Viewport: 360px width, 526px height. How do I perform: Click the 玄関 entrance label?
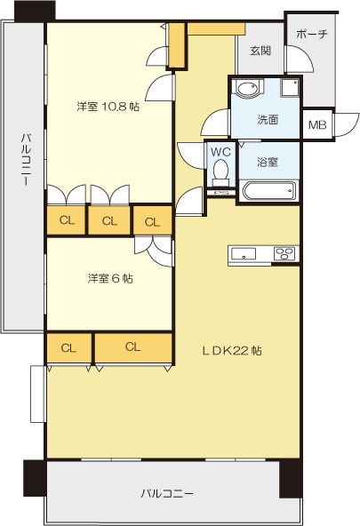260,51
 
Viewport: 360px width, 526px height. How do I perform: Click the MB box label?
316,125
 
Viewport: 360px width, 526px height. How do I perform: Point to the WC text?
220,151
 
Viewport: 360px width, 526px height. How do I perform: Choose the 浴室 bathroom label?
268,162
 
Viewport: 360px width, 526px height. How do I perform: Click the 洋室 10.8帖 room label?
108,108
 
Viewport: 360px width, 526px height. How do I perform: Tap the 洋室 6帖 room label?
110,278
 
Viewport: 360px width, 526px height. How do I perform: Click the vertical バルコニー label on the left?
27,159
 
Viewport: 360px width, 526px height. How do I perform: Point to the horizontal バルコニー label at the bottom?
166,492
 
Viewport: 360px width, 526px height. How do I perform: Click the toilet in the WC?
220,170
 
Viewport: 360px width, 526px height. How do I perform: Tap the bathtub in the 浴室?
268,190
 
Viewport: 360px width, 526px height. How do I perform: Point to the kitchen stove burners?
284,254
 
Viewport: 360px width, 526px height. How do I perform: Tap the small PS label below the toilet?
221,191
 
